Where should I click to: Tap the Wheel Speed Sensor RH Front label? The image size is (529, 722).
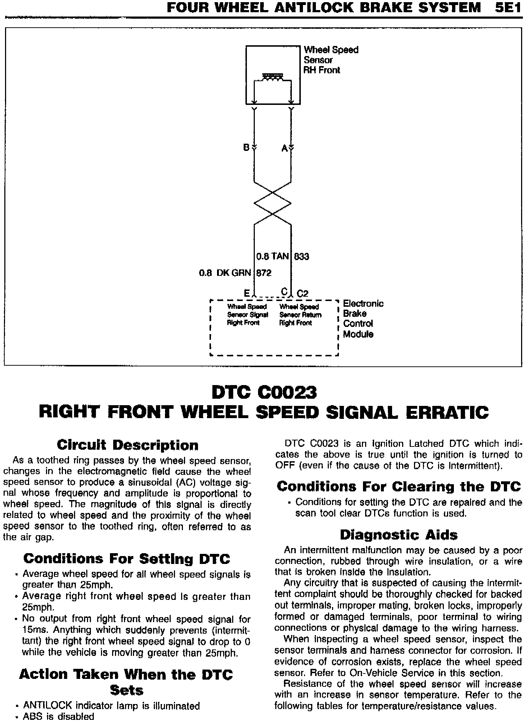pyautogui.click(x=331, y=60)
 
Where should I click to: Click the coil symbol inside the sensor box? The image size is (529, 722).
pyautogui.click(x=273, y=77)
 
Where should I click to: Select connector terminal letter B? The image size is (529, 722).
pyautogui.click(x=246, y=148)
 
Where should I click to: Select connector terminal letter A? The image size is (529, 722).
pyautogui.click(x=284, y=148)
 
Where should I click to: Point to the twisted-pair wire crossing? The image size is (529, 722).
pyautogui.click(x=273, y=203)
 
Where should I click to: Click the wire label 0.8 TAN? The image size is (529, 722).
pyautogui.click(x=272, y=256)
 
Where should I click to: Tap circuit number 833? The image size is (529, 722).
pyautogui.click(x=302, y=256)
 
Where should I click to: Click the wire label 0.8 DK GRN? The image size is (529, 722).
pyautogui.click(x=225, y=273)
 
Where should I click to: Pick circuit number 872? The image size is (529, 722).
pyautogui.click(x=264, y=273)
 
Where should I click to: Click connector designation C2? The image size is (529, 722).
pyautogui.click(x=303, y=293)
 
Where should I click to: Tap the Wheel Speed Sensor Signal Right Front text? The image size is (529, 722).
pyautogui.click(x=248, y=315)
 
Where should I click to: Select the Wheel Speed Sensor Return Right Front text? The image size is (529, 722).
pyautogui.click(x=300, y=315)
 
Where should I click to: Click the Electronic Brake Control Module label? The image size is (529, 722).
pyautogui.click(x=363, y=319)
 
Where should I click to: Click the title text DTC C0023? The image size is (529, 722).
pyautogui.click(x=264, y=392)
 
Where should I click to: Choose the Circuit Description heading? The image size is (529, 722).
pyautogui.click(x=128, y=445)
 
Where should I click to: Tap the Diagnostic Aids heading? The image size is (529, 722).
pyautogui.click(x=399, y=535)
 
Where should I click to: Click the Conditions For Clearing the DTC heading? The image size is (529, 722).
pyautogui.click(x=399, y=486)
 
